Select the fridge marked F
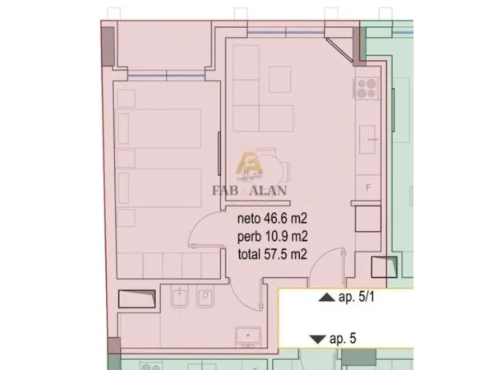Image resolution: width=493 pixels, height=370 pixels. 366,187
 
